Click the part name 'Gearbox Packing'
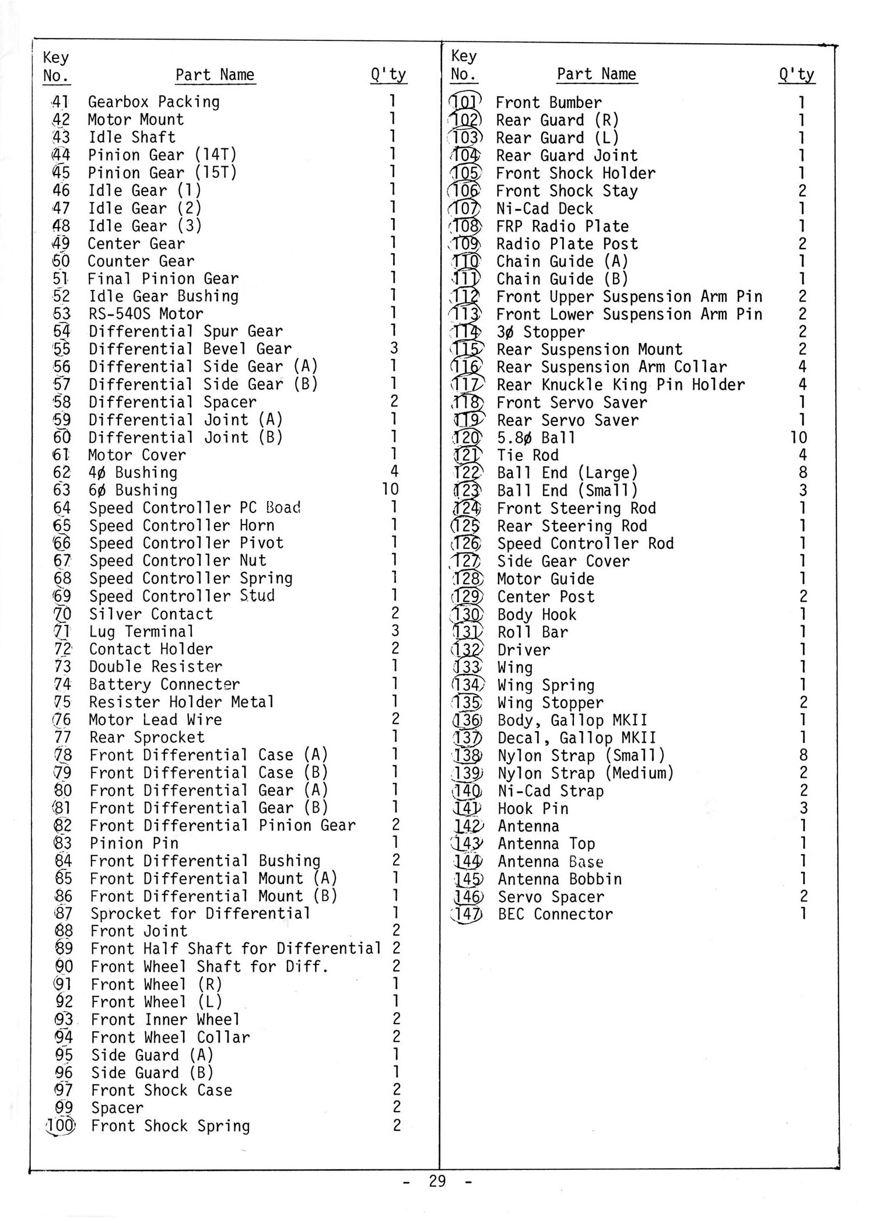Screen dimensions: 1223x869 click(x=154, y=102)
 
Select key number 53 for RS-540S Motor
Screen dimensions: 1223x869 click(x=61, y=314)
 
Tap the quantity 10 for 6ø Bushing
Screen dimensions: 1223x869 click(x=390, y=490)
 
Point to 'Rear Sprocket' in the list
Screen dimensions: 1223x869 click(x=147, y=738)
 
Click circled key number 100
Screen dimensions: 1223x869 click(x=60, y=1126)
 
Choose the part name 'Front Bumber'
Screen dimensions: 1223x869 click(x=548, y=103)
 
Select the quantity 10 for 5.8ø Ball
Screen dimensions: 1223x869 click(x=798, y=438)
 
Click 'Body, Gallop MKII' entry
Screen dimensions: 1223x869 click(x=572, y=721)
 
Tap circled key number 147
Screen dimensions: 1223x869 click(x=467, y=914)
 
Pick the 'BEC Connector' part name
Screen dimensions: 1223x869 click(x=555, y=914)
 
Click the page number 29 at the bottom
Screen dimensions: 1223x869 click(x=437, y=1181)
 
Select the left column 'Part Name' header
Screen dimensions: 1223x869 click(x=215, y=75)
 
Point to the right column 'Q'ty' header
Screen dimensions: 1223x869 click(x=797, y=75)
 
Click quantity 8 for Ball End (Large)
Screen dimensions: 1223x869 click(x=803, y=473)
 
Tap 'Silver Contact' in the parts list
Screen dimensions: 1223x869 click(x=151, y=614)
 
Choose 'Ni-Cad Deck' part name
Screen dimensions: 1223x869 click(x=544, y=208)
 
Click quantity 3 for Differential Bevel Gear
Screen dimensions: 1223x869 click(x=394, y=348)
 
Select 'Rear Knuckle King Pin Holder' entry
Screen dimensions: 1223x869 click(x=621, y=385)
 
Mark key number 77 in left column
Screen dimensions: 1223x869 click(x=62, y=738)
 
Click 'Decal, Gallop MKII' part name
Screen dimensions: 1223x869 click(x=576, y=738)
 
